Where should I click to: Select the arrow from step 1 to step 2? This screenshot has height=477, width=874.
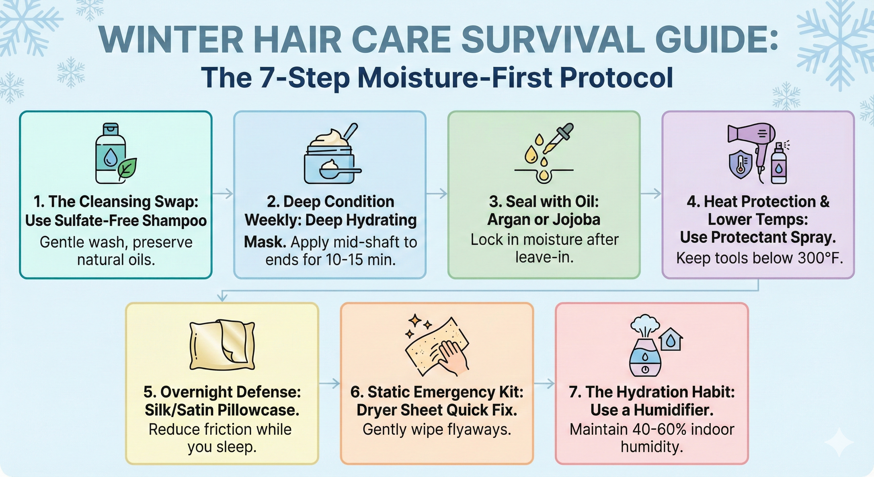pos(223,193)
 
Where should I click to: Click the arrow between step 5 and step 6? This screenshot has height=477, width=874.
pos(329,383)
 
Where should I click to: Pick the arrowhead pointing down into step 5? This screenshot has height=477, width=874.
pos(222,298)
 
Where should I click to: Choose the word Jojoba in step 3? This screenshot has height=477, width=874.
pos(576,220)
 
